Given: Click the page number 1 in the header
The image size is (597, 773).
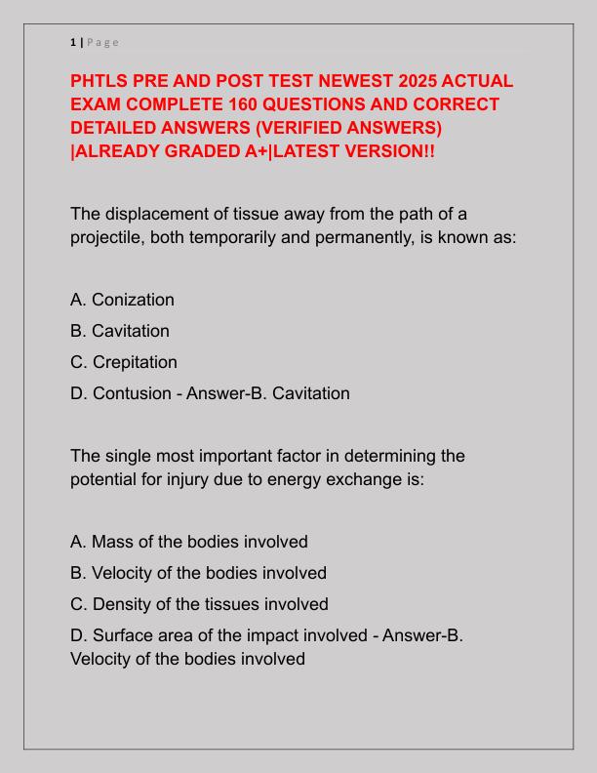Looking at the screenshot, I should click(x=73, y=42).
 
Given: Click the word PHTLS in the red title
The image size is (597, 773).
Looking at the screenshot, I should click(x=102, y=81).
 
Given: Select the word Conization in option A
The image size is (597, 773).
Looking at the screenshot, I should click(x=133, y=300).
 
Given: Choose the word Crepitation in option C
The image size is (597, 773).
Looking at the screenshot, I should click(x=135, y=362).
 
